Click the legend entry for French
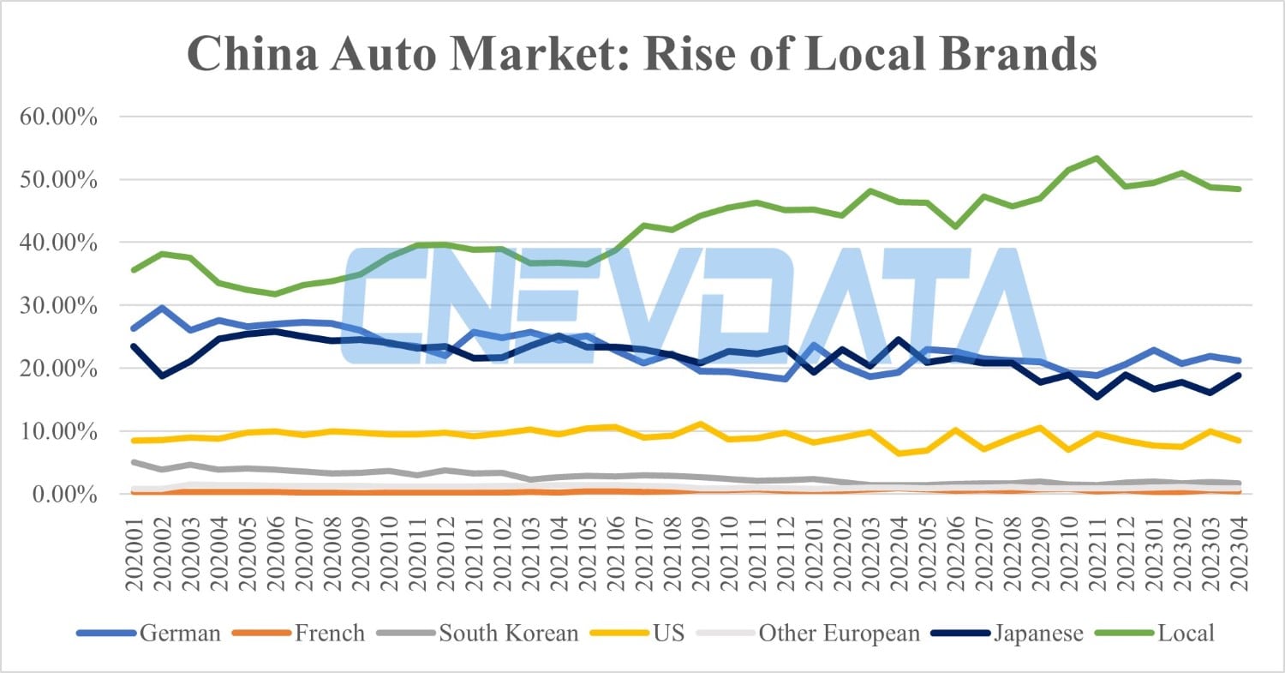point(329,634)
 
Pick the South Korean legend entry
point(508,634)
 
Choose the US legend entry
point(668,634)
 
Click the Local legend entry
point(1186,634)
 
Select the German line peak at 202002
point(162,308)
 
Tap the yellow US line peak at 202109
point(699,424)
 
